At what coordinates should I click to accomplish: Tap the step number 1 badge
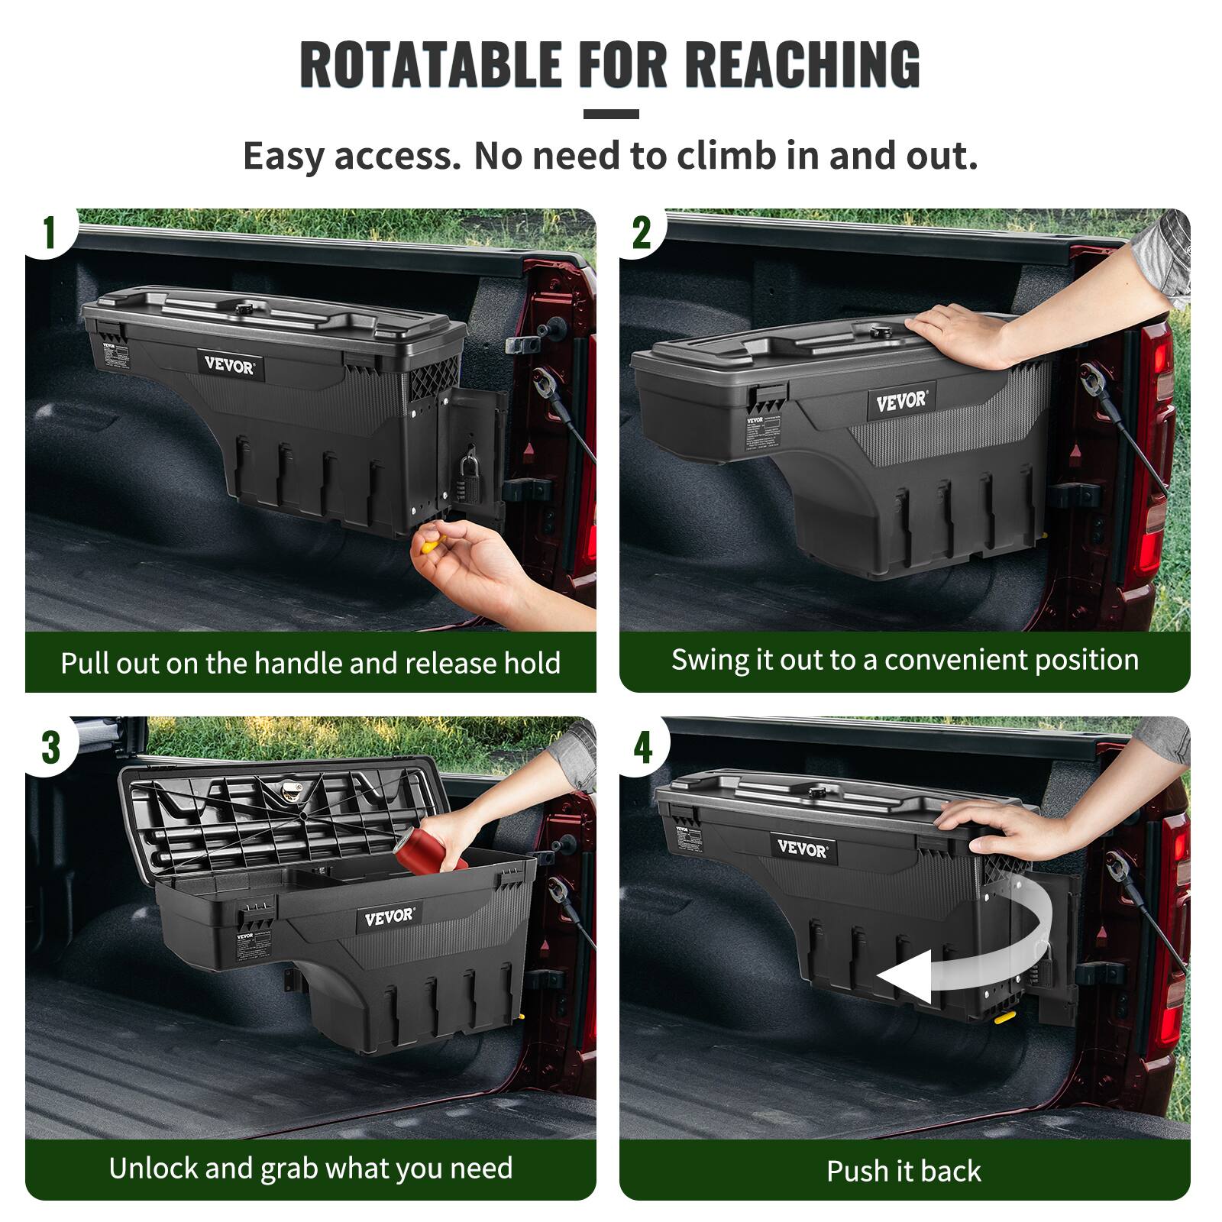pyautogui.click(x=50, y=232)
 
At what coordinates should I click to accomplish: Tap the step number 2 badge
pyautogui.click(x=642, y=232)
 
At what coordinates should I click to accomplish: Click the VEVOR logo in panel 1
pyautogui.click(x=229, y=364)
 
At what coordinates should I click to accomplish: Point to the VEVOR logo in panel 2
pyautogui.click(x=900, y=401)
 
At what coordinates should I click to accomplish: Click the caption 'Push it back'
pyautogui.click(x=904, y=1171)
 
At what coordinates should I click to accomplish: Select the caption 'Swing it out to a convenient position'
pyautogui.click(x=904, y=660)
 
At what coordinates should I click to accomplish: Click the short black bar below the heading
pyautogui.click(x=610, y=114)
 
